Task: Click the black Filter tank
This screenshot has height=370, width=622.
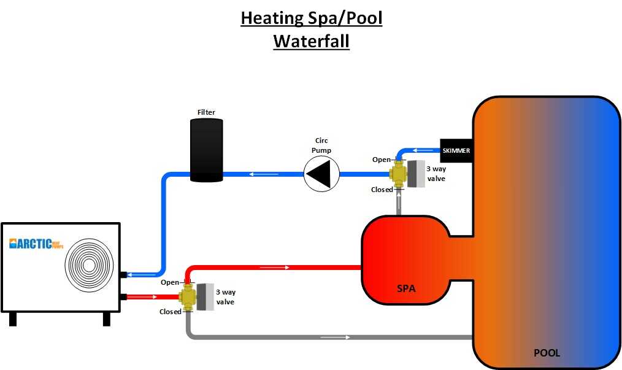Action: point(206,150)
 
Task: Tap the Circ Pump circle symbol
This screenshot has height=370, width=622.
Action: point(321,174)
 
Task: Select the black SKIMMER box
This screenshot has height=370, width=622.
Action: point(456,150)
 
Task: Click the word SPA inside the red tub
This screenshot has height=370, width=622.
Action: point(406,287)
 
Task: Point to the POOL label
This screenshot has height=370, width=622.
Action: point(546,353)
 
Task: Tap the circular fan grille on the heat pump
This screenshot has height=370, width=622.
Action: point(89,266)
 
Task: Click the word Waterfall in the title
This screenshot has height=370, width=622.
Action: point(311,41)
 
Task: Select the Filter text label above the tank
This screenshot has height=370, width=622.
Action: point(206,112)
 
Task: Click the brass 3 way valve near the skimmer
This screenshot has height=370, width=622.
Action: point(400,174)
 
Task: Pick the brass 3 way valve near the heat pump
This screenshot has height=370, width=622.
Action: point(186,297)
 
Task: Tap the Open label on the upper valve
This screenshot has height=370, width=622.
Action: point(381,160)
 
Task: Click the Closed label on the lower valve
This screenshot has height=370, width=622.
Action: point(171,312)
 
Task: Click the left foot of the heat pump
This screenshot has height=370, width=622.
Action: point(13,319)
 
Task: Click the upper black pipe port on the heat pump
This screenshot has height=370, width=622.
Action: point(123,274)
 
